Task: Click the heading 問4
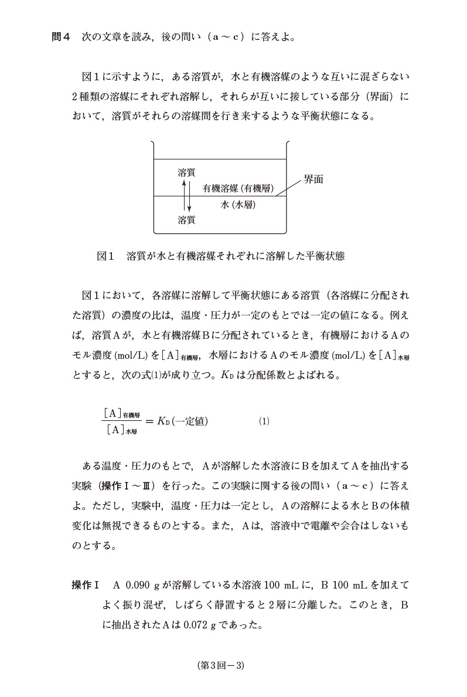pos(61,38)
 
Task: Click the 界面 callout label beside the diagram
pos(313,179)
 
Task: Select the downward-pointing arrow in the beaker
pos(189,198)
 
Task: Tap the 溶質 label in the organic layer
pos(186,172)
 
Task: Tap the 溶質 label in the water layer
pos(186,220)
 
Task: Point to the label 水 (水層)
pos(238,205)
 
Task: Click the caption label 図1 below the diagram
pos(105,256)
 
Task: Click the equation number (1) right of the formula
pos(264,421)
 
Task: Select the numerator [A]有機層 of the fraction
pos(121,413)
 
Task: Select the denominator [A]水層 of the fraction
pos(121,430)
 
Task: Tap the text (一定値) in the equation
pos(190,421)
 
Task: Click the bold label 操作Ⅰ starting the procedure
pos(87,585)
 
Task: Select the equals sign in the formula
pos(149,421)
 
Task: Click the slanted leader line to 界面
pos(287,189)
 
